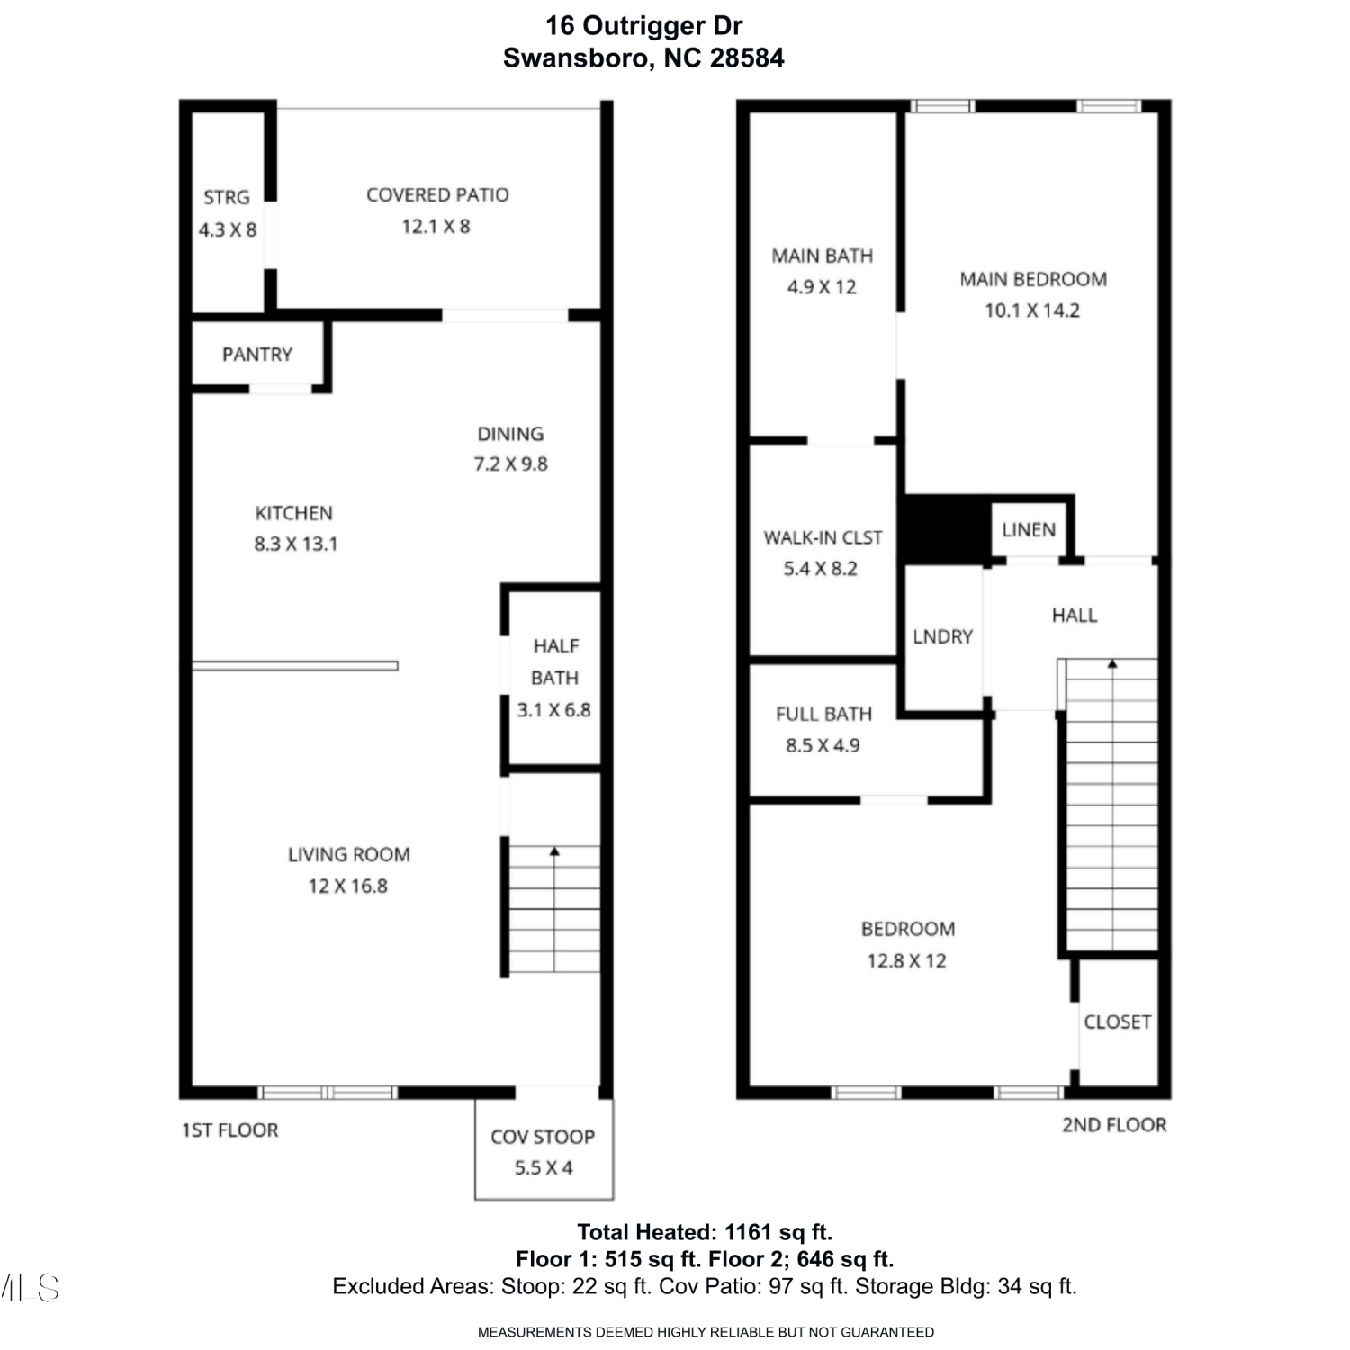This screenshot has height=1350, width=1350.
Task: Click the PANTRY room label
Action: [x=257, y=355]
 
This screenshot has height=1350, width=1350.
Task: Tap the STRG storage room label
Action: [x=227, y=197]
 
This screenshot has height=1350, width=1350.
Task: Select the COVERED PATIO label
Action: [x=437, y=195]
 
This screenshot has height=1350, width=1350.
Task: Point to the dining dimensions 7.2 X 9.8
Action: [x=511, y=464]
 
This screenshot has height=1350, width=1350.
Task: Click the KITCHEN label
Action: [x=294, y=513]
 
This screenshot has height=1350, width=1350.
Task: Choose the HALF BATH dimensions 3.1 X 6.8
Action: [x=554, y=710]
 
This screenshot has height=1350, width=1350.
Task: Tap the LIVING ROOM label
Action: [x=349, y=854]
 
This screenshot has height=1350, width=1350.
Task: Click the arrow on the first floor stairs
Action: [x=554, y=909]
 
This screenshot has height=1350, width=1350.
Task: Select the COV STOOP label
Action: [x=543, y=1137]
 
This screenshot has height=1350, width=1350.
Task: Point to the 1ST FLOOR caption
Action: [x=230, y=1130]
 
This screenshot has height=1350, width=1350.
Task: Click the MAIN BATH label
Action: [x=823, y=256]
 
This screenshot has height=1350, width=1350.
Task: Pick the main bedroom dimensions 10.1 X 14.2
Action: [x=1032, y=310]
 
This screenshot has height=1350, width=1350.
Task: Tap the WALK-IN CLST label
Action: [x=823, y=537]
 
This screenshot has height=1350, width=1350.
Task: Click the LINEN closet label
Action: [x=1029, y=529]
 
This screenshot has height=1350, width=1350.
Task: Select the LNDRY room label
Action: [x=943, y=636]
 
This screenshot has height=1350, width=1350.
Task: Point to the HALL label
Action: [x=1075, y=616]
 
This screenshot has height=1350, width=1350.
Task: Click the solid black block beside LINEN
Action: [x=947, y=531]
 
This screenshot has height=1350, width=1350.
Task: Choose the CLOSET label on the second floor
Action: [x=1118, y=1021]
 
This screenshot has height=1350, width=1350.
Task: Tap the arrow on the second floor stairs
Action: [x=1112, y=805]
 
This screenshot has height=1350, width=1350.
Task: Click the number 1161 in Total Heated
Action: [x=751, y=1232]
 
